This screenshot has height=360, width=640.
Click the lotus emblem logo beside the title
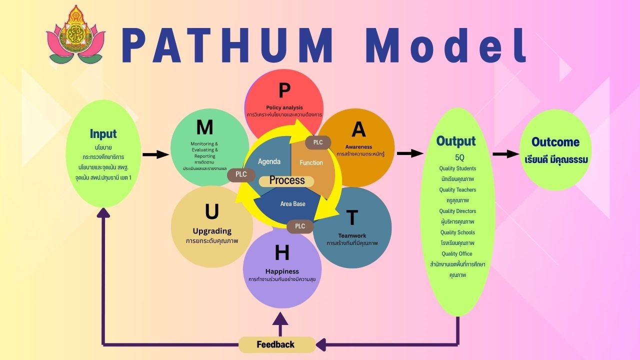(x=76, y=35)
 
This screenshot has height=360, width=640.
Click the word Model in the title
(x=445, y=46)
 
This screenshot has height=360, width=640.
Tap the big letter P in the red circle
(x=284, y=90)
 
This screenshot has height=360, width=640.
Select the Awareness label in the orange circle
(x=358, y=147)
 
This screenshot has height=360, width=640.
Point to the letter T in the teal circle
(x=352, y=218)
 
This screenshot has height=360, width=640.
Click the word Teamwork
(x=352, y=235)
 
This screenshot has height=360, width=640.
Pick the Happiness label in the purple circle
(x=282, y=271)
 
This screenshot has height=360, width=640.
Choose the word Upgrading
(x=212, y=231)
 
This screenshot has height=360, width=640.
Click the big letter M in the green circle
(x=204, y=127)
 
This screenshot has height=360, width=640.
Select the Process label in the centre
(x=287, y=180)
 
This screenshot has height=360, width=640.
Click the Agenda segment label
(x=269, y=161)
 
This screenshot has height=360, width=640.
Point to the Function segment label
(x=311, y=162)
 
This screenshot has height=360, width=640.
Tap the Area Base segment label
(x=292, y=204)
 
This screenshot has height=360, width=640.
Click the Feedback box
(x=276, y=344)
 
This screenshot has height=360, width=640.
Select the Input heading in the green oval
(x=103, y=133)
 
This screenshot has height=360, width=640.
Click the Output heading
(x=455, y=141)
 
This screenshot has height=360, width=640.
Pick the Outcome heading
(x=555, y=142)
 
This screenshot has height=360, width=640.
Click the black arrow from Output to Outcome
(x=505, y=154)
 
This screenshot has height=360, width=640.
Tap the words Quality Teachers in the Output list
(x=457, y=190)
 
